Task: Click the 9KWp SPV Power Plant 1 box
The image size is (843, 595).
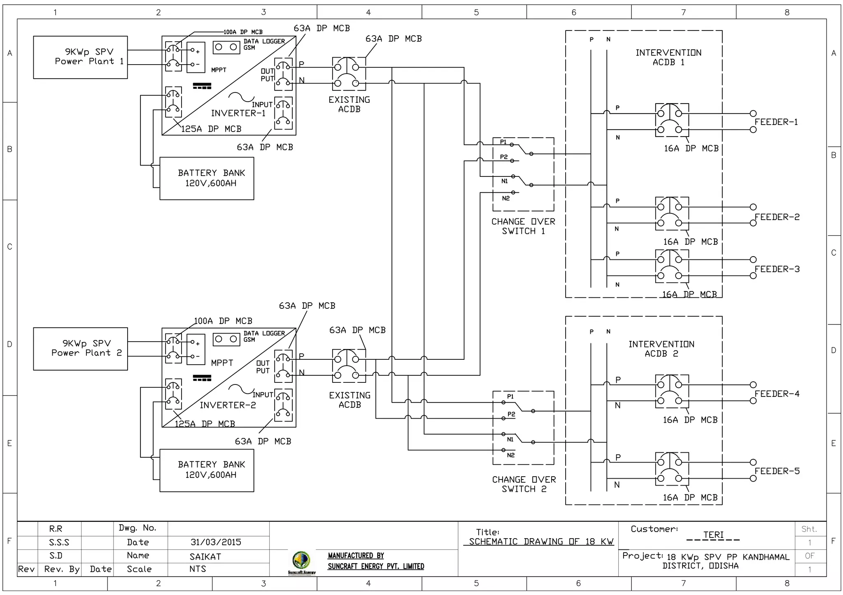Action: click(80, 57)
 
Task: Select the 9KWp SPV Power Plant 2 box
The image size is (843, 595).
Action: click(80, 349)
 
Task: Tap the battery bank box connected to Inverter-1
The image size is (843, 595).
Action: click(207, 178)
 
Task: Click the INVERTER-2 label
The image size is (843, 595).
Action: click(228, 405)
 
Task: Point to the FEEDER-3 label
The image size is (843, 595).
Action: click(777, 269)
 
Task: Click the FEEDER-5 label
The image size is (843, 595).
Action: click(777, 471)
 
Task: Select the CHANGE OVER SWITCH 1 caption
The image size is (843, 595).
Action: click(523, 227)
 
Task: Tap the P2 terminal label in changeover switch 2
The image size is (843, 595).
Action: click(511, 414)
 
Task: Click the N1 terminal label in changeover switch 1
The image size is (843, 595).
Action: click(505, 181)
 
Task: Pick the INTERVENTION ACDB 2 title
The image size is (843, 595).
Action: click(661, 349)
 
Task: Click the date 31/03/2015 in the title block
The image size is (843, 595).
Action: click(216, 542)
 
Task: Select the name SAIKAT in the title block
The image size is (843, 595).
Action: click(205, 557)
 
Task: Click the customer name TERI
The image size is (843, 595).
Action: click(713, 535)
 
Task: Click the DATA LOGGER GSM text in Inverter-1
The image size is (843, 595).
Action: click(263, 44)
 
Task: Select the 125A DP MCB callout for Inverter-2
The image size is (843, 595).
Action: click(205, 424)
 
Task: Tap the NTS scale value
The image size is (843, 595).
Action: click(198, 569)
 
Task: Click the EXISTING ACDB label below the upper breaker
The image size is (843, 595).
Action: click(349, 104)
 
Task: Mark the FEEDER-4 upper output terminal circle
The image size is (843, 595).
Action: click(753, 385)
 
